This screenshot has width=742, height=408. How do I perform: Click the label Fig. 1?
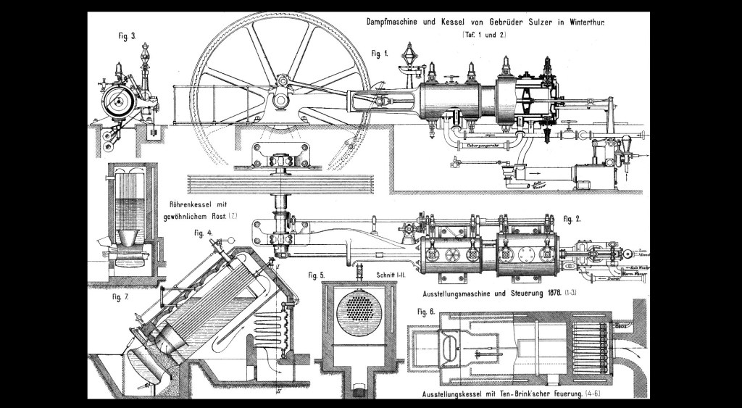(380, 53)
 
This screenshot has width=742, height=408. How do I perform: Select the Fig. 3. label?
(126, 35)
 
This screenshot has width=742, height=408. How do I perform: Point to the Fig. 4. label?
(204, 233)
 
